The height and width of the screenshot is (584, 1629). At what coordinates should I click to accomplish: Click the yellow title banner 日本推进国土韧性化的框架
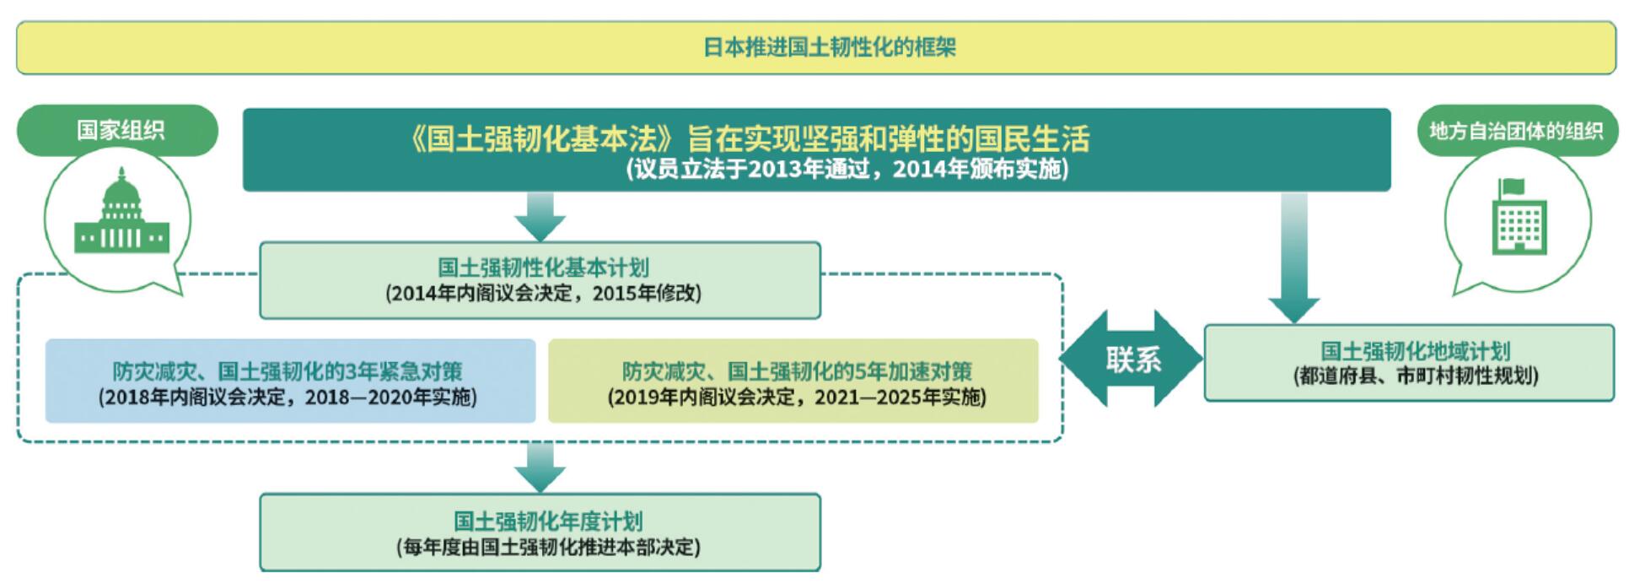point(815,47)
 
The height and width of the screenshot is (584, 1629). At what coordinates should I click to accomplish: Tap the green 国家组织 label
point(118,130)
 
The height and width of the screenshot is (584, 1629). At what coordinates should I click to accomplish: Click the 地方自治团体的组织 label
point(1516,131)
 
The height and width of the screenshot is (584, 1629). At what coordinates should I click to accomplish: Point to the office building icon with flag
point(1519,216)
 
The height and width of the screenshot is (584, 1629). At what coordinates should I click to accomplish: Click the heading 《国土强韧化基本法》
point(543,138)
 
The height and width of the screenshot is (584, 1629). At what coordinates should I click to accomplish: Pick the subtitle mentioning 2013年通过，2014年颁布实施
point(847,170)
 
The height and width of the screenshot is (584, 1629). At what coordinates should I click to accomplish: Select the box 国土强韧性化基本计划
point(540,280)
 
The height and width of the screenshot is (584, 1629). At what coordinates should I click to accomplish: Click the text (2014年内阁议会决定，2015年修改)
point(543,294)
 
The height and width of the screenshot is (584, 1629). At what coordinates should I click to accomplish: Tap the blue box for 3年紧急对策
point(290,381)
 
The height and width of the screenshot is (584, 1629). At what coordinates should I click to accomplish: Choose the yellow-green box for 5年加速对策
point(793,381)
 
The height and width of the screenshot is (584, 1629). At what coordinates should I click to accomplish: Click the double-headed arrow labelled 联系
point(1132,359)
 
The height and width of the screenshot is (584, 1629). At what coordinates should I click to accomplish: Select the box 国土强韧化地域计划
point(1409,363)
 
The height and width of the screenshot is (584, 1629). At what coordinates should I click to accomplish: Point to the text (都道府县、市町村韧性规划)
point(1416,376)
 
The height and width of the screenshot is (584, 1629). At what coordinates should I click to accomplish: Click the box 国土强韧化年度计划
point(540,533)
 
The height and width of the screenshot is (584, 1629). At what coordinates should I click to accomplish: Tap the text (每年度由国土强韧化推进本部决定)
point(548,547)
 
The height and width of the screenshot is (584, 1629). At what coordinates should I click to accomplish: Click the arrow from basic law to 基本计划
point(540,217)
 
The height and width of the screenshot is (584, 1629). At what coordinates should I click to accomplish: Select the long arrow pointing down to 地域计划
point(1293,258)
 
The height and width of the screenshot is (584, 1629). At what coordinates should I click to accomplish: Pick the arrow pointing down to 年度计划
point(540,468)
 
